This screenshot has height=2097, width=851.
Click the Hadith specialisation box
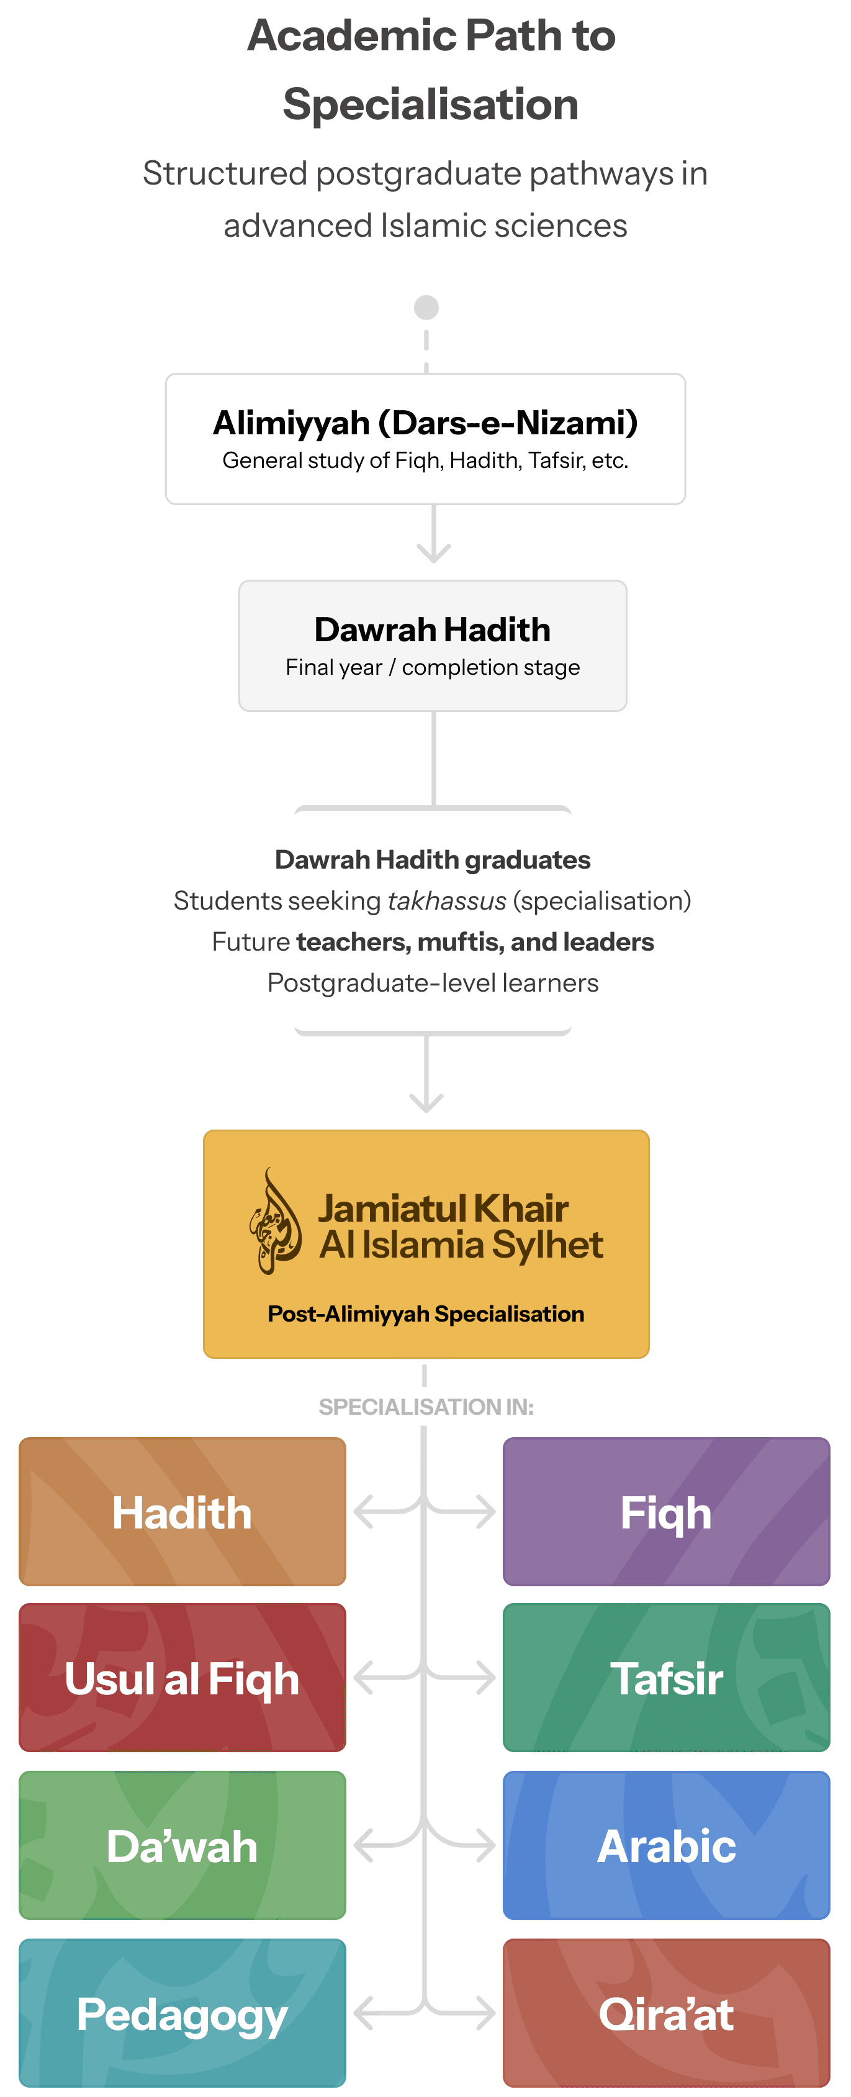(x=182, y=1512)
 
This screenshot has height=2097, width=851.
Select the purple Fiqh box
(x=665, y=1512)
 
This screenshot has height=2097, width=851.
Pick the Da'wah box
(x=182, y=1845)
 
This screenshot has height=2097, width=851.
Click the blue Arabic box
(x=665, y=1845)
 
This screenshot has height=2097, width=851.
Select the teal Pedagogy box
(x=182, y=2013)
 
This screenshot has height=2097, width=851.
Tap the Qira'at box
(x=665, y=2013)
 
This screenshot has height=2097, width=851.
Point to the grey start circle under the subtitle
(x=426, y=307)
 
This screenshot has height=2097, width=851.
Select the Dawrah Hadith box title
(x=432, y=629)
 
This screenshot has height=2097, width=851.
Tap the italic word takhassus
(x=447, y=900)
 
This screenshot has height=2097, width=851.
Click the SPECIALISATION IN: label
(x=426, y=1407)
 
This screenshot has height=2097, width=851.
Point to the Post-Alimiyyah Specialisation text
(x=426, y=1314)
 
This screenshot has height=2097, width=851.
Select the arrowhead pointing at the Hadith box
(x=361, y=1512)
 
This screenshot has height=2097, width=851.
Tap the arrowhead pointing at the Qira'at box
(x=488, y=2013)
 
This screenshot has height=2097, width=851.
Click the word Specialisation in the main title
(x=430, y=104)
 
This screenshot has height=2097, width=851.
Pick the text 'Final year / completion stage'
(x=432, y=667)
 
